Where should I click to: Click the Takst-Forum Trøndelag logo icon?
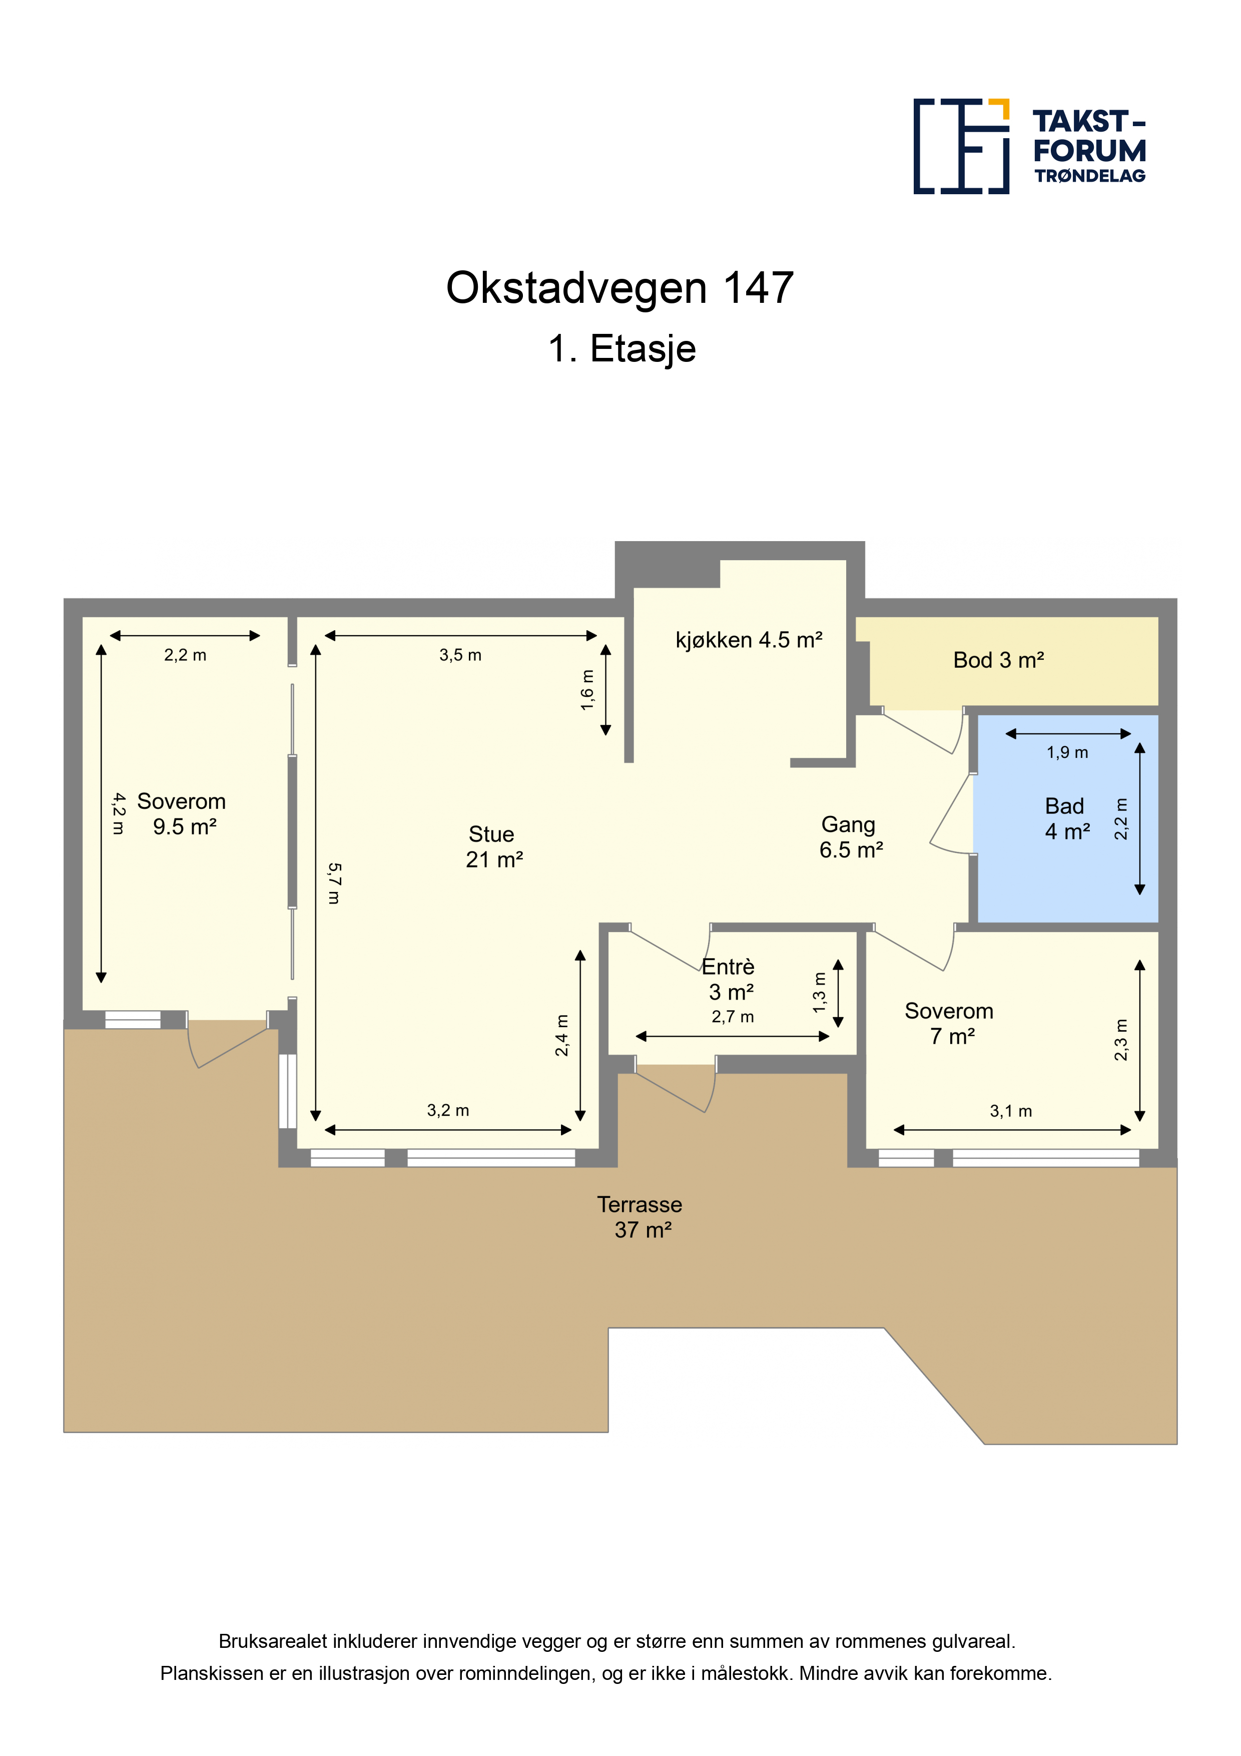point(961,146)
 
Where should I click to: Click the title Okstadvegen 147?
point(620,288)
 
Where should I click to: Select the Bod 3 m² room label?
point(999,660)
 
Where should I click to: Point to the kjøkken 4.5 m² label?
point(749,639)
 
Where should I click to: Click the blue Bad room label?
point(1067,818)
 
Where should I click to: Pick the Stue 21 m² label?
point(494,846)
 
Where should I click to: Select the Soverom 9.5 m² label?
point(182,814)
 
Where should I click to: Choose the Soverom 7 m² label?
point(950,1023)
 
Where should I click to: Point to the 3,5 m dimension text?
point(460,655)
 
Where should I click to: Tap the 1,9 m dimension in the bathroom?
point(1067,752)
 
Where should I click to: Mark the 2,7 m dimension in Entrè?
point(733,1017)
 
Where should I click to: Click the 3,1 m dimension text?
point(1011,1111)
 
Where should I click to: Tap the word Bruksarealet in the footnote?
point(273,1641)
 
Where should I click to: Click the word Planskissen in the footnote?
point(212,1673)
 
